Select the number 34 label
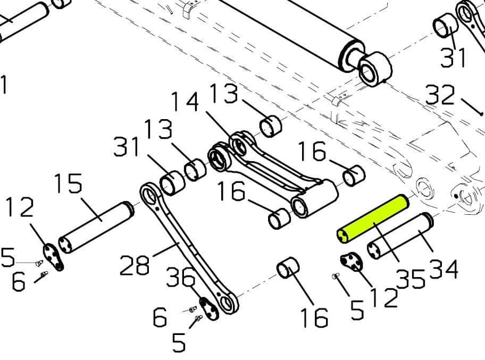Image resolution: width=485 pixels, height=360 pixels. [443, 270]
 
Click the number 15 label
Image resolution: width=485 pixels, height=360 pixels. [68, 184]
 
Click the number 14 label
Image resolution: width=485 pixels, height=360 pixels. [184, 101]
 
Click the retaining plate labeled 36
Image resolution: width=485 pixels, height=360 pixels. [209, 308]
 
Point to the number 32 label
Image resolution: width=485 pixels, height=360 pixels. [440, 96]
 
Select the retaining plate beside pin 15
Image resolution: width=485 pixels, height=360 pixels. [54, 257]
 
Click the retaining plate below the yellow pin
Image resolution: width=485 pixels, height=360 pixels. [352, 262]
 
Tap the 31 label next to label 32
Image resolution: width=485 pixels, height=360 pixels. [453, 57]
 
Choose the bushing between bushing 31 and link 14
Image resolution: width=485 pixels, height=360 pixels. [195, 170]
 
